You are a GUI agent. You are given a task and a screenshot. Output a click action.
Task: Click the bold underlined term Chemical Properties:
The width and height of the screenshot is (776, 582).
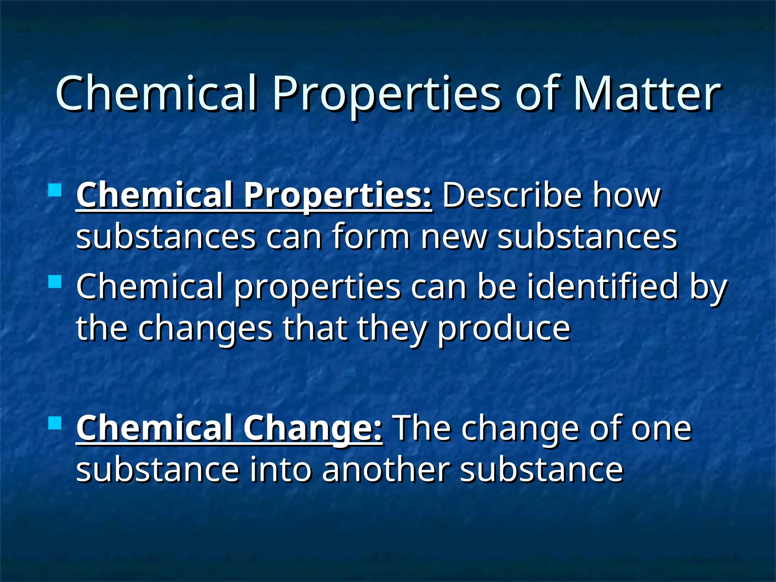click(x=254, y=195)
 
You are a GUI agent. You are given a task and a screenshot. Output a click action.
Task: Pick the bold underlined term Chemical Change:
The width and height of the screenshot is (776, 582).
click(x=229, y=428)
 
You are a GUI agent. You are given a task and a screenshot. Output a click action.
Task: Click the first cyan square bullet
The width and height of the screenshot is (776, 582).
click(x=55, y=190)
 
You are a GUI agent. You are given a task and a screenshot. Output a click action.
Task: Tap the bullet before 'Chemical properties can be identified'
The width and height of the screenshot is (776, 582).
click(x=55, y=282)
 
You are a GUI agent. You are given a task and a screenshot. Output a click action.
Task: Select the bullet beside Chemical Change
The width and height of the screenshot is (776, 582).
click(x=55, y=423)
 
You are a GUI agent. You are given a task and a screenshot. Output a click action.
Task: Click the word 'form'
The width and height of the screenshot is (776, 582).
click(x=371, y=237)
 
